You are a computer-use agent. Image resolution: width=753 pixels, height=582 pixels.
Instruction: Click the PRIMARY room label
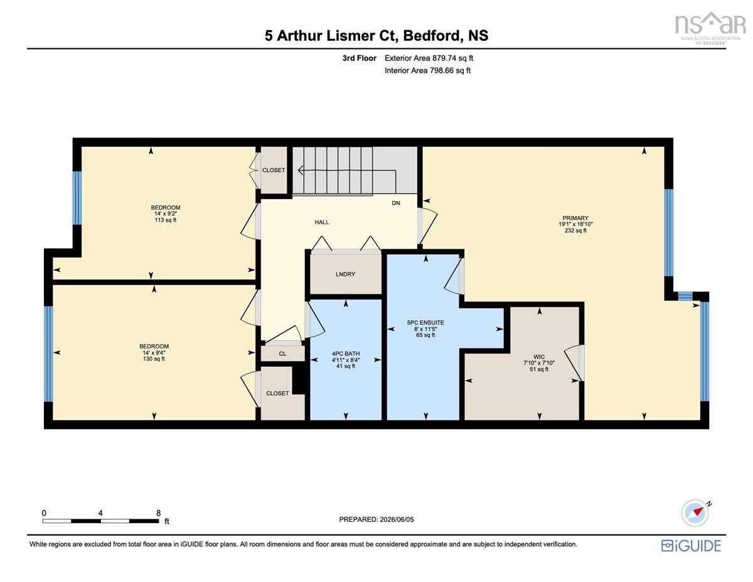tap(575, 218)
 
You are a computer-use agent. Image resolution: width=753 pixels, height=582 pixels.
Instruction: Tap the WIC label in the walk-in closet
tap(539, 357)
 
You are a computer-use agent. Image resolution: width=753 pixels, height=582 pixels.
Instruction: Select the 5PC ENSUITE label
tap(425, 322)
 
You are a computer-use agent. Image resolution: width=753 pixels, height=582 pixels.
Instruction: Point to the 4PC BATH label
tap(346, 353)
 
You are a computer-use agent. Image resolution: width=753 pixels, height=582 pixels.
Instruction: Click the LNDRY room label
tap(345, 274)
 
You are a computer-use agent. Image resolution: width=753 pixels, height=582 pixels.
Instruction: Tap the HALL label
tap(321, 222)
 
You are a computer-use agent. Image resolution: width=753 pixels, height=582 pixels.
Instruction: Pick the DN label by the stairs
tap(396, 203)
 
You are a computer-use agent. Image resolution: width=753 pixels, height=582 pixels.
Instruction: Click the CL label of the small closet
tap(282, 353)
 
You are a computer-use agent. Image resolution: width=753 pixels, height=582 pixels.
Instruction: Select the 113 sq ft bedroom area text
tap(165, 220)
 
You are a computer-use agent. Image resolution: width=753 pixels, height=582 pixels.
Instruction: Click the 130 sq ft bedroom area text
tap(154, 358)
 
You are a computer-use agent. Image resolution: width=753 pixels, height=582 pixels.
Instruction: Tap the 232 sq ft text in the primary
tap(575, 230)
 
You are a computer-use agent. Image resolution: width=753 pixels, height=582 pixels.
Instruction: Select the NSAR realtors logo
tap(710, 28)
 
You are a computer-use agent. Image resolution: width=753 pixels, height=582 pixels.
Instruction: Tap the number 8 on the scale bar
tap(158, 513)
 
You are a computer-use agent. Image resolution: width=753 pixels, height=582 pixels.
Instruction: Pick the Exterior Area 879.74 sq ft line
tap(429, 58)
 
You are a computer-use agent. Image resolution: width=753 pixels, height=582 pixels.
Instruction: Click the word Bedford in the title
tap(431, 35)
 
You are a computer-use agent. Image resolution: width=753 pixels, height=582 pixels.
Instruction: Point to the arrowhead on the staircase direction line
tap(301, 170)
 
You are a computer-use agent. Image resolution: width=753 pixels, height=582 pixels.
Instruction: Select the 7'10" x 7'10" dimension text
tap(539, 363)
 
